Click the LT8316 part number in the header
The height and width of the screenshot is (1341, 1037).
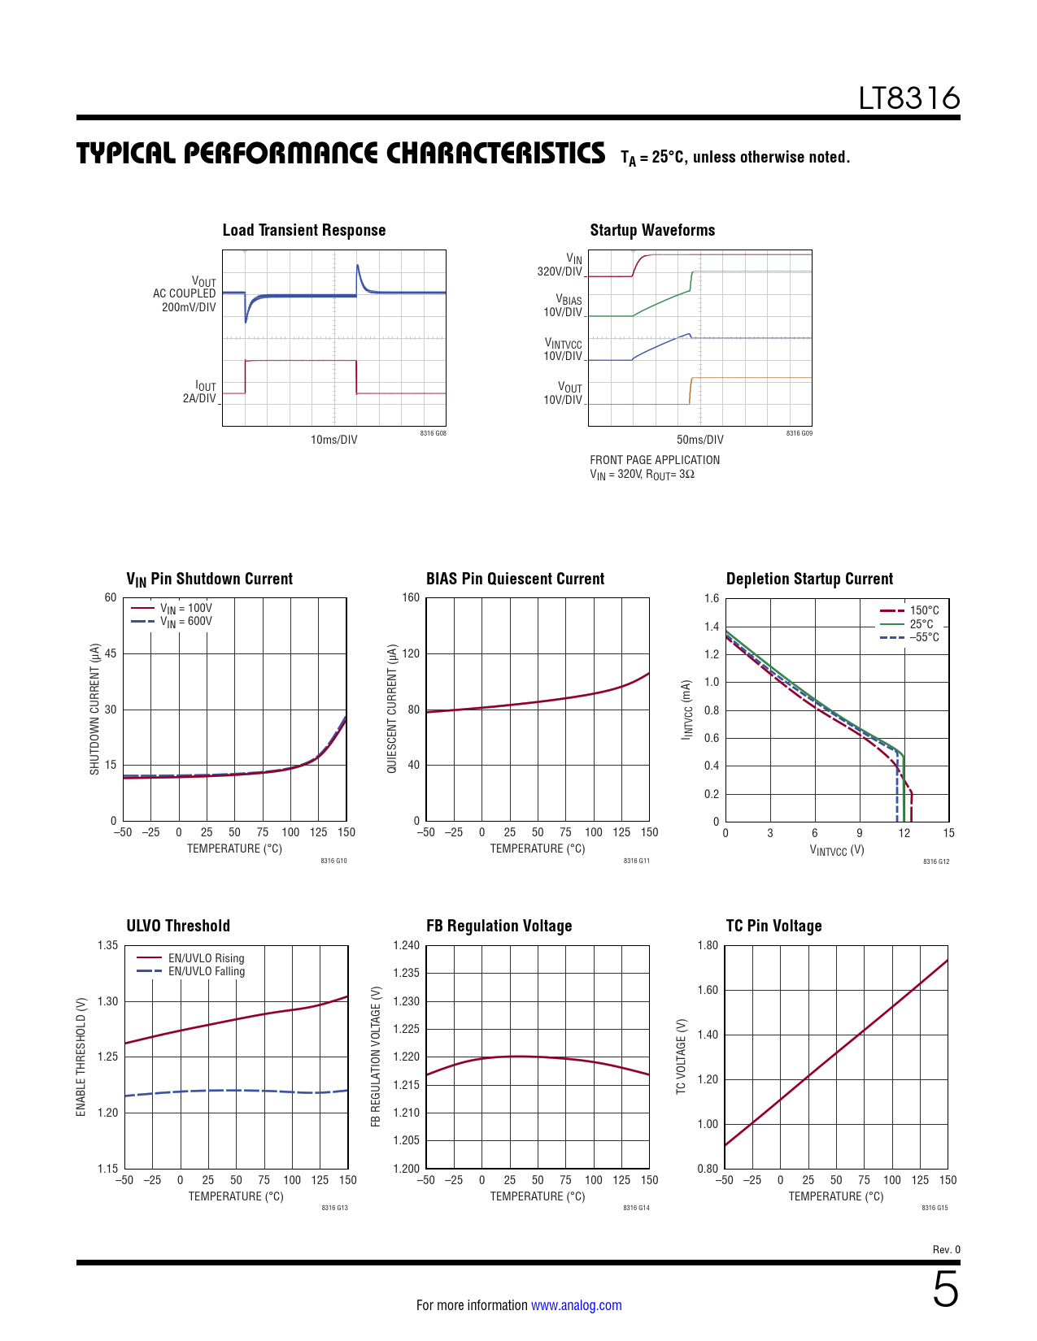pyautogui.click(x=909, y=98)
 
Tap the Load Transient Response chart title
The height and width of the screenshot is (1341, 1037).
pyautogui.click(x=304, y=230)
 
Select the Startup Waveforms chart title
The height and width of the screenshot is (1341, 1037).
pyautogui.click(x=652, y=230)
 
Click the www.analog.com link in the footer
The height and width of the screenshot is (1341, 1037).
pyautogui.click(x=576, y=1305)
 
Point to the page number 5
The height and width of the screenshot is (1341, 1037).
pyautogui.click(x=945, y=1290)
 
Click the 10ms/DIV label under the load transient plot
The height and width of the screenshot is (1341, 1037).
pyautogui.click(x=333, y=440)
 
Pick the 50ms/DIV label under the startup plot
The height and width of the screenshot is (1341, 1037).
pyautogui.click(x=699, y=440)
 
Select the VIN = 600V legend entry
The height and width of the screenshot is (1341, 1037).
pyautogui.click(x=185, y=622)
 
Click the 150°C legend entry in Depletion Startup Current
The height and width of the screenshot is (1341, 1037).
pyautogui.click(x=924, y=610)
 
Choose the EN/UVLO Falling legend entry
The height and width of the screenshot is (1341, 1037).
pyautogui.click(x=206, y=971)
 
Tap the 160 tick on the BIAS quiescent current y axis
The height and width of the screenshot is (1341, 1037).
pyautogui.click(x=411, y=598)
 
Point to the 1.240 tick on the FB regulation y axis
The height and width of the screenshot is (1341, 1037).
pyautogui.click(x=406, y=945)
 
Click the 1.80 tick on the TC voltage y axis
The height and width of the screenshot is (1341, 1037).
pyautogui.click(x=708, y=945)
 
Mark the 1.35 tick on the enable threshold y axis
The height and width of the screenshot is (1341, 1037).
pyautogui.click(x=107, y=945)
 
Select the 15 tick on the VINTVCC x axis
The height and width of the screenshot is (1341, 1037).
pyautogui.click(x=948, y=833)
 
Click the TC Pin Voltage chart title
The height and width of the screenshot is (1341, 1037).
pyautogui.click(x=773, y=926)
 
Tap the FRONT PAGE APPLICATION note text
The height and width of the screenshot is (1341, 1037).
pyautogui.click(x=655, y=460)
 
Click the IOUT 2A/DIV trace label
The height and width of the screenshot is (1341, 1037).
pyautogui.click(x=200, y=393)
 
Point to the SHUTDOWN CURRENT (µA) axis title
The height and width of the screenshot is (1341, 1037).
pyautogui.click(x=94, y=709)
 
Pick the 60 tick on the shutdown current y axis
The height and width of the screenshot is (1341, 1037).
pyautogui.click(x=111, y=598)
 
